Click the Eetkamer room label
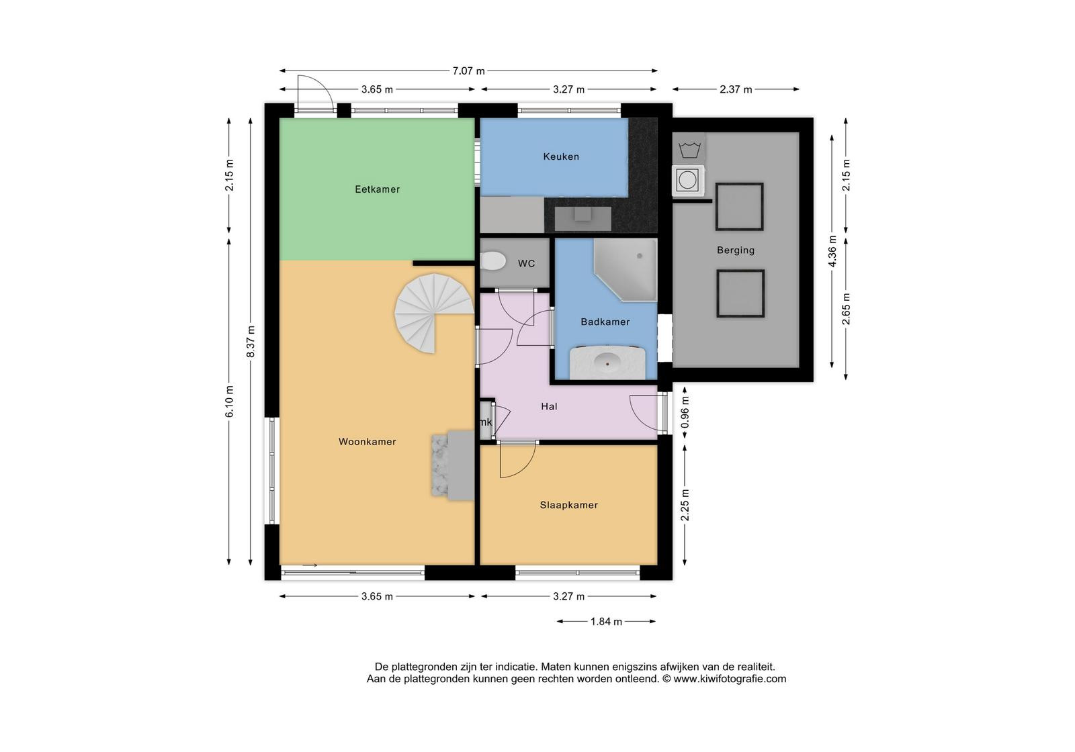pos(377,189)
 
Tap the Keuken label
pos(561,156)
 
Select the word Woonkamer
pos(367,442)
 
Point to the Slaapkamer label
pos(568,505)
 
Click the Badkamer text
pos(605,322)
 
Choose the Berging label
pos(736,250)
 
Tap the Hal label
pos(549,407)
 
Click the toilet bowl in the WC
pos(493,261)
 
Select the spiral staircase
pos(433,313)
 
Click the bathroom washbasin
pos(607,362)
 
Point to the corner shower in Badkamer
pos(626,270)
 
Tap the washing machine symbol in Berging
pos(688,181)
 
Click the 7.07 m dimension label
pos(468,71)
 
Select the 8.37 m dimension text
pos(251,342)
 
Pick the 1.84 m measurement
pos(606,622)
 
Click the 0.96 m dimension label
pos(685,412)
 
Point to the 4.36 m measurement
pos(832,251)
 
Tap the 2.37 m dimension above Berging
pos(736,89)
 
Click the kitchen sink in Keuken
pos(583,218)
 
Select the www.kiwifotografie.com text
pos(730,679)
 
